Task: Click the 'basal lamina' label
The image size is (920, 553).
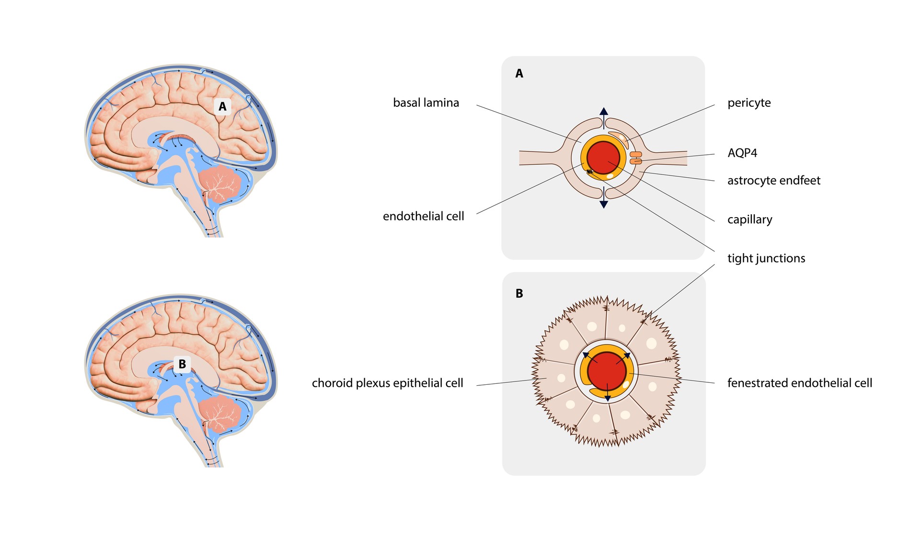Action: [425, 103]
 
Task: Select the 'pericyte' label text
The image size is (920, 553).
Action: [748, 103]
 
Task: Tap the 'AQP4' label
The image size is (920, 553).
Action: [742, 153]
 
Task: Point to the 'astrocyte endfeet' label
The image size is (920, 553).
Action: [773, 181]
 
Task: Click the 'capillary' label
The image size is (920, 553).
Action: [749, 219]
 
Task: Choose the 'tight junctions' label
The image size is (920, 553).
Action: [766, 258]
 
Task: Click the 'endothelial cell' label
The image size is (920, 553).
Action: [423, 216]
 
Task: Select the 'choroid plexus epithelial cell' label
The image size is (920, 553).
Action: [387, 383]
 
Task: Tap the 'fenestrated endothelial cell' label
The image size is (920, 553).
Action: [799, 383]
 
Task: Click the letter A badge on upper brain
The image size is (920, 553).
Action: [222, 106]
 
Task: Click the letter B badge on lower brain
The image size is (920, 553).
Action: [182, 364]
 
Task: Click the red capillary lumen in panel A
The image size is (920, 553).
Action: [603, 158]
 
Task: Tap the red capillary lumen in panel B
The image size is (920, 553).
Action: [606, 371]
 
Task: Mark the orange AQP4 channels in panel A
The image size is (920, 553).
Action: [635, 158]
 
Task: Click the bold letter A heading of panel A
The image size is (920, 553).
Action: [519, 74]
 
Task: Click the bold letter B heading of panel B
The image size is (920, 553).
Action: [519, 294]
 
